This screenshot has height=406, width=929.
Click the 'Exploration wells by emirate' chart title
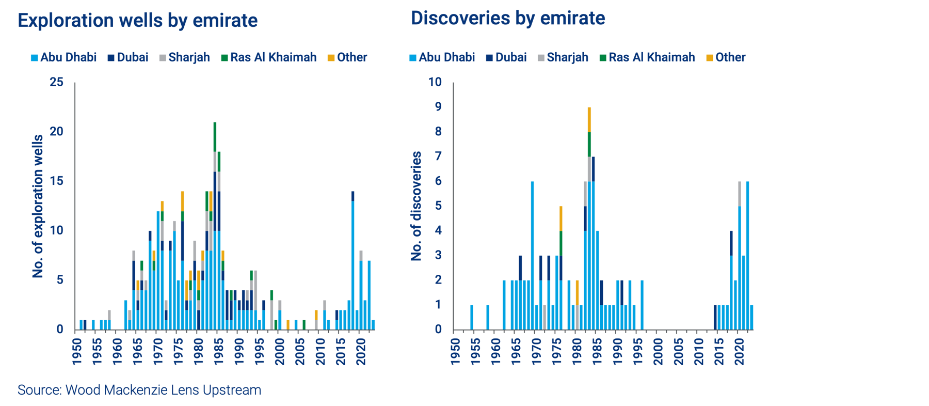pos(138,20)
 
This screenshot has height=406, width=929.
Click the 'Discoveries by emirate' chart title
pos(508,18)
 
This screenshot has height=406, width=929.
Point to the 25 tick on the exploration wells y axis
pos(57,82)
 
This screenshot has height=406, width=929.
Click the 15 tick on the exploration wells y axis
pos(57,181)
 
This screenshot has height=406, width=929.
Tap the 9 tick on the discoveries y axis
pos(438,107)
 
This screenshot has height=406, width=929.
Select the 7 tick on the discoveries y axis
pos(438,156)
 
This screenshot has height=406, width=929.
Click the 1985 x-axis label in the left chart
pos(219,351)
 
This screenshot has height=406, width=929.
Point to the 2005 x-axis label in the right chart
pos(678,351)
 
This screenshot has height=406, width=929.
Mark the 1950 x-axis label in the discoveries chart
pos(455,351)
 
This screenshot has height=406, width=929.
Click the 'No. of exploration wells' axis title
pos(38,206)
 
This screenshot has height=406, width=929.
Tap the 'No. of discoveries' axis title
pos(416,206)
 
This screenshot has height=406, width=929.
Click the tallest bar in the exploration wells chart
pos(215,227)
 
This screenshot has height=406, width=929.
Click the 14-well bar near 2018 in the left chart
pos(353,261)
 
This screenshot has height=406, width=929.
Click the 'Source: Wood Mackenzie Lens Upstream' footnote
pos(139,389)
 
